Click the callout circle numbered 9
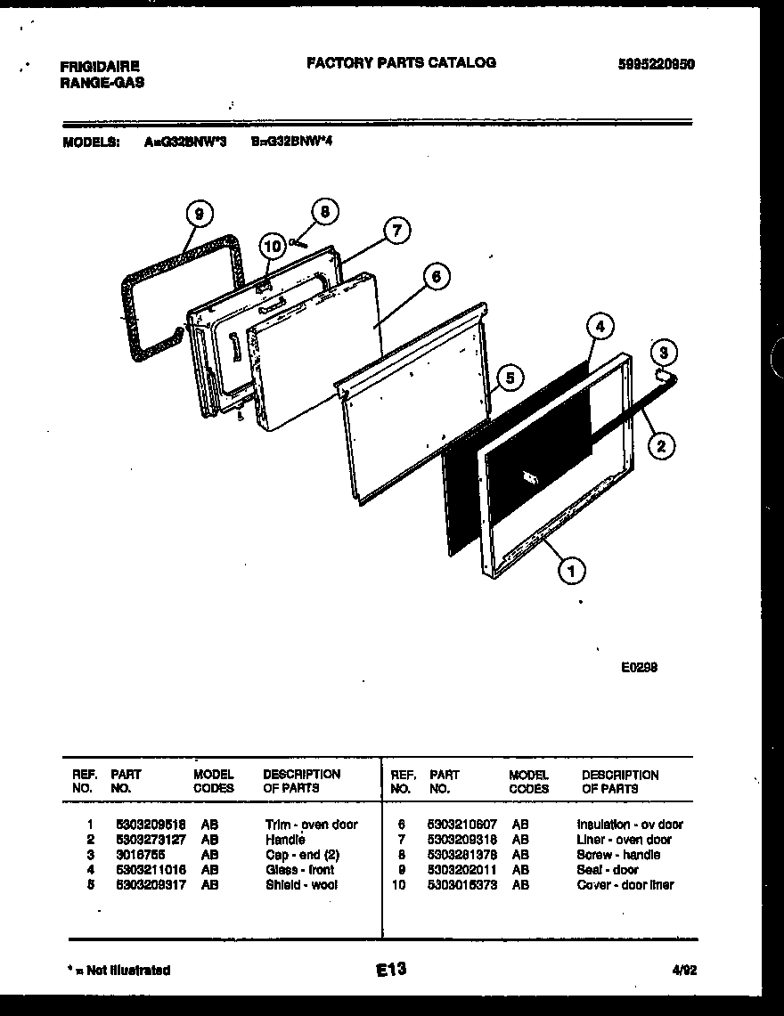pyautogui.click(x=200, y=214)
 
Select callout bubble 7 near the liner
pyautogui.click(x=396, y=232)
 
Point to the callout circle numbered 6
pyautogui.click(x=435, y=277)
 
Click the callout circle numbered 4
pyautogui.click(x=600, y=327)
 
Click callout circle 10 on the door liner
pyautogui.click(x=272, y=246)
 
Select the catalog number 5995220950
pyautogui.click(x=656, y=64)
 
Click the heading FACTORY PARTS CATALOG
pyautogui.click(x=401, y=62)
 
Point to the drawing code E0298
pyautogui.click(x=639, y=666)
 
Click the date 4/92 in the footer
pyautogui.click(x=683, y=971)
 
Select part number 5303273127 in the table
pyautogui.click(x=150, y=840)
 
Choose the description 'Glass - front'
pyautogui.click(x=300, y=870)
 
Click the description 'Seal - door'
pyautogui.click(x=608, y=870)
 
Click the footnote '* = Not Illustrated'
pyautogui.click(x=118, y=971)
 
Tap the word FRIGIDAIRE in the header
pyautogui.click(x=99, y=67)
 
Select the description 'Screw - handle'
pyautogui.click(x=618, y=855)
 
